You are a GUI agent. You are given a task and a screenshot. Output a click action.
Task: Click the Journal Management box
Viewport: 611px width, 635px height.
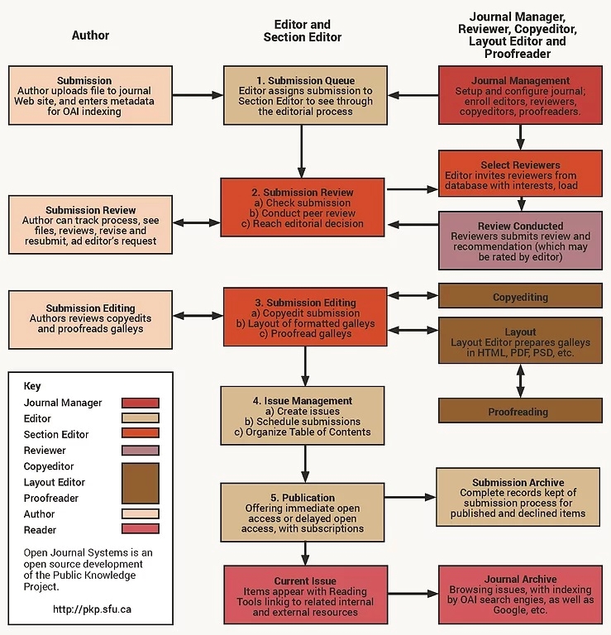pos(520,95)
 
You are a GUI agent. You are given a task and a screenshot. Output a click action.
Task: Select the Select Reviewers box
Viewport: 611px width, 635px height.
pos(520,175)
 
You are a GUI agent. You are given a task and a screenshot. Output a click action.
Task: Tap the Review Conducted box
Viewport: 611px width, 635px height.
pos(520,241)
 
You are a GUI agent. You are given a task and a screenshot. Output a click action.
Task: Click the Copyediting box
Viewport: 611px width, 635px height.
pos(520,297)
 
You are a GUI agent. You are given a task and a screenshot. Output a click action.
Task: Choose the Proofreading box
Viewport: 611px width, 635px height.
pos(520,411)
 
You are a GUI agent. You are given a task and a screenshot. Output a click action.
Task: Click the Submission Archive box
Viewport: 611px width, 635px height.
pos(518,497)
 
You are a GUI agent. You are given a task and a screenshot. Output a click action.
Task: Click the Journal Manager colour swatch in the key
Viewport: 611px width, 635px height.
pos(140,403)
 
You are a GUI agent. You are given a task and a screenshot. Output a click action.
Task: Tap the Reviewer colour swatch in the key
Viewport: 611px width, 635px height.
pos(140,451)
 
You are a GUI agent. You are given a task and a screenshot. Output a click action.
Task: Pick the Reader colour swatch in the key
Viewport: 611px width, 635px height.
pos(140,529)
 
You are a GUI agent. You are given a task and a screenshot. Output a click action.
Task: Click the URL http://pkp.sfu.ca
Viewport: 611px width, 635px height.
pos(91,609)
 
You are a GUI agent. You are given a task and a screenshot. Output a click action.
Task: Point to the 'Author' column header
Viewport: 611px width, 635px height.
pos(91,36)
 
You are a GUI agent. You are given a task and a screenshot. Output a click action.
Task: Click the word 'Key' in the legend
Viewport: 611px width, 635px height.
pos(32,386)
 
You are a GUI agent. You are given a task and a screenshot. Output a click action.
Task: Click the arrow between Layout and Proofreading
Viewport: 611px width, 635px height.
pos(520,380)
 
